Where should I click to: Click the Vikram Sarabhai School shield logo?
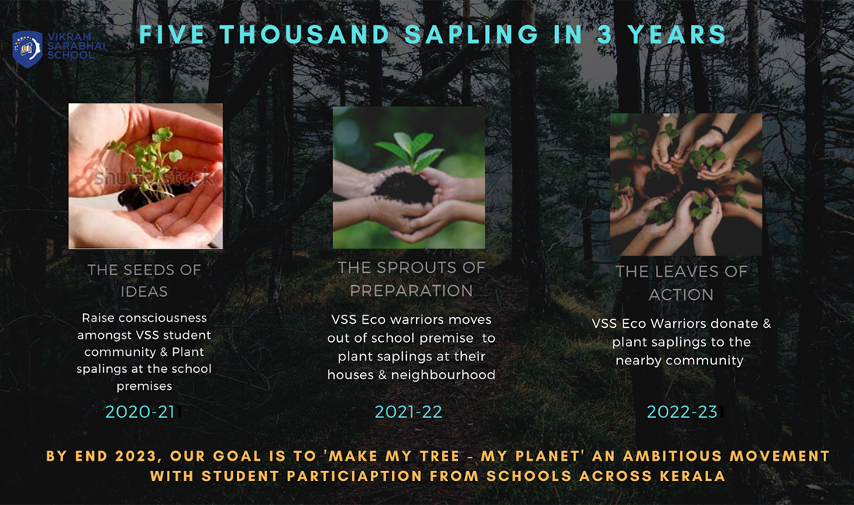point(27,49)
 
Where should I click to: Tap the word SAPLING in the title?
point(472,34)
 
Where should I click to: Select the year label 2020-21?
point(140,412)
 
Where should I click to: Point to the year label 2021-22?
point(408,412)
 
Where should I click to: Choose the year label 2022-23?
point(682,412)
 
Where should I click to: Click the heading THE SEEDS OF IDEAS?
point(144,280)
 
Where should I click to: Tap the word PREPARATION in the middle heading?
point(411,291)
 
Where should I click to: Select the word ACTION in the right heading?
point(681,294)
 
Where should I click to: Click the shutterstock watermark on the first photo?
point(154,178)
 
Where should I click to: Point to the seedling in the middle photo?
point(411,150)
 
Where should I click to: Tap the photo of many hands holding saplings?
point(686,184)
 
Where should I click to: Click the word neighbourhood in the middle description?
point(443,374)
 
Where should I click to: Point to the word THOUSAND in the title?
point(305,34)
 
